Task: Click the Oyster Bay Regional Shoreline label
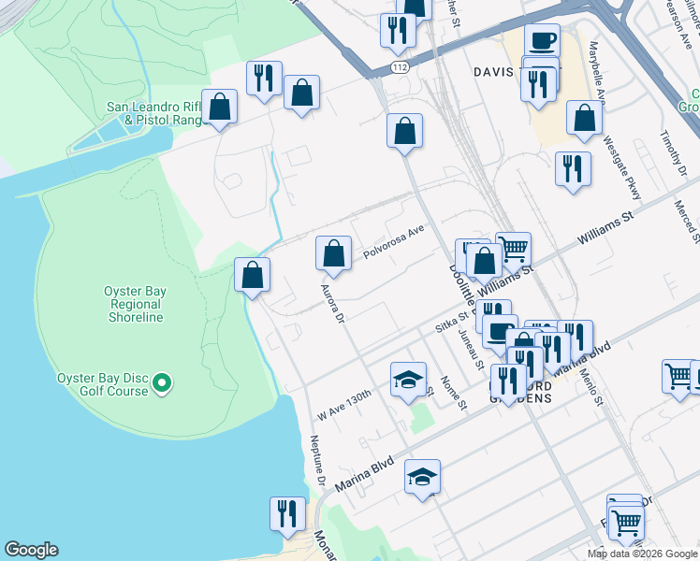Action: [137, 304]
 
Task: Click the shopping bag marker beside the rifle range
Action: [219, 108]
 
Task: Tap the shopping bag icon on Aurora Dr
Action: [333, 253]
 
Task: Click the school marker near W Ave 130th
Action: [408, 380]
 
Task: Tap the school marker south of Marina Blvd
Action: [422, 477]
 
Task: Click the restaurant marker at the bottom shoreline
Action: [287, 514]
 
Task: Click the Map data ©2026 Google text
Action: [642, 554]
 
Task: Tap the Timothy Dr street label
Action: [674, 150]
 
